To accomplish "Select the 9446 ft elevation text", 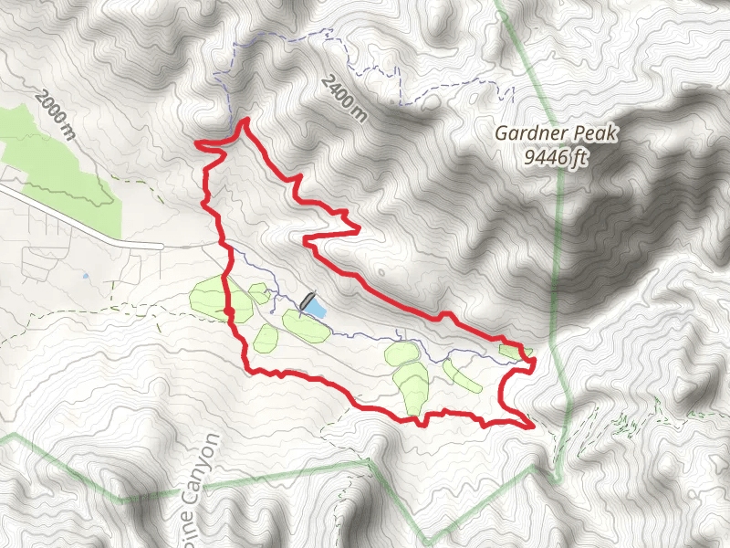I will point(556,159).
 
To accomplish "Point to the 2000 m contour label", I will point(54,114).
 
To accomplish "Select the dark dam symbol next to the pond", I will point(307,300).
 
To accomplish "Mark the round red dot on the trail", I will point(229,313).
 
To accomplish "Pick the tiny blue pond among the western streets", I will point(85,274).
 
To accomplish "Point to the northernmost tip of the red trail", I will point(245,121).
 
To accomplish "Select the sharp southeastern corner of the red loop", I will point(531,426).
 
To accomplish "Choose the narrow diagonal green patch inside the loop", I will point(462,374).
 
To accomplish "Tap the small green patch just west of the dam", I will point(258,292).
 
